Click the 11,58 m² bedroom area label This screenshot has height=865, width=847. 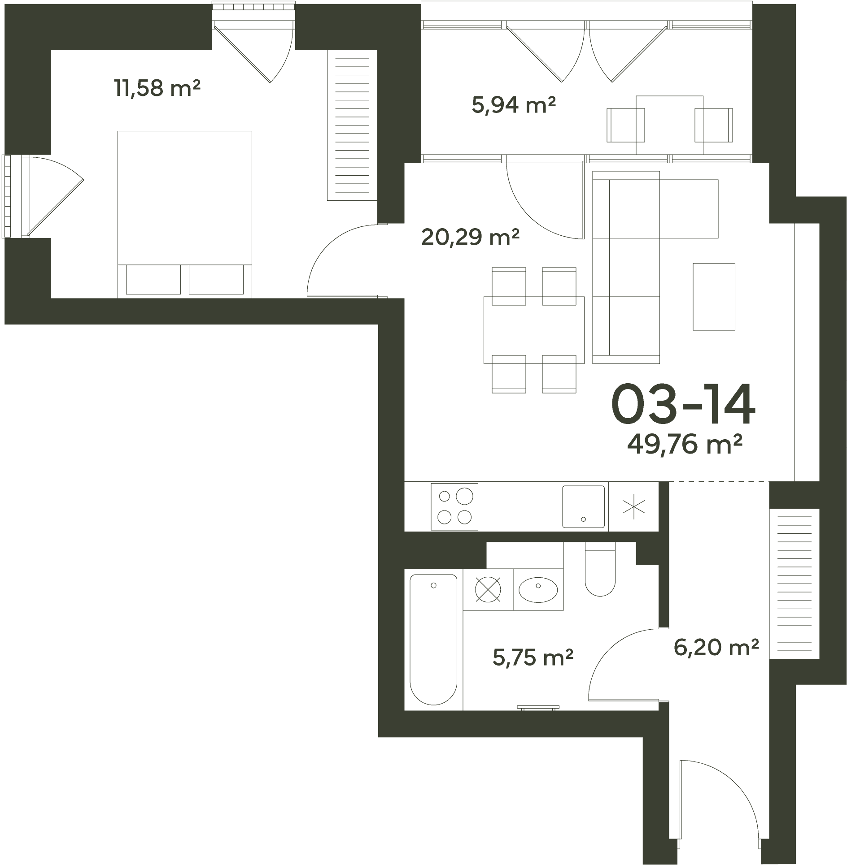pos(157,88)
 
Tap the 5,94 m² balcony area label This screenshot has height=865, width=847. pos(514,106)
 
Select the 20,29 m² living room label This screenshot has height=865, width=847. pos(471,237)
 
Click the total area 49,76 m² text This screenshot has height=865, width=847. pos(684,445)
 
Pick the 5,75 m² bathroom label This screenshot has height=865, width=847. pos(533,658)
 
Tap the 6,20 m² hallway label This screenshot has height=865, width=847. pos(716,647)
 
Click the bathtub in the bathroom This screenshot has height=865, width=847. pos(433,640)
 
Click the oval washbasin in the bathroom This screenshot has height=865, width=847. pos(538,589)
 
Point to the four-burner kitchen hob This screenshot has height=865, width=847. pos(454,506)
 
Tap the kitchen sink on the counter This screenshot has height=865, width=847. pos(583,506)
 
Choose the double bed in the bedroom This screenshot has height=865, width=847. pos(185,214)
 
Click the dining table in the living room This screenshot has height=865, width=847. pos(534,330)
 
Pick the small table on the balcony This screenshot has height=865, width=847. pos(669,125)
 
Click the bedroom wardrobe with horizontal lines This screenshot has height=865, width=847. pos(352,125)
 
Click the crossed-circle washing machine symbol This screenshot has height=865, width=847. pos(488,589)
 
